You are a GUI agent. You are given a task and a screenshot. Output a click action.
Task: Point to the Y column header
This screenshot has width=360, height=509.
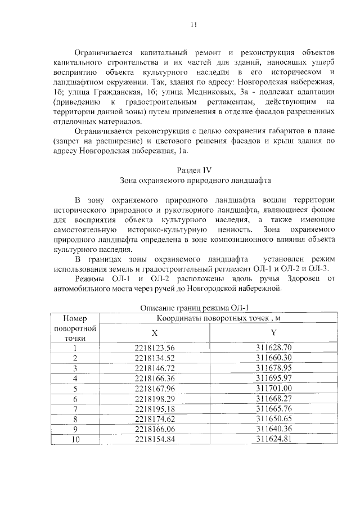(273, 334)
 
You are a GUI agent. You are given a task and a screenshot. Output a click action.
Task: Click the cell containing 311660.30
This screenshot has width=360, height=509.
(274, 358)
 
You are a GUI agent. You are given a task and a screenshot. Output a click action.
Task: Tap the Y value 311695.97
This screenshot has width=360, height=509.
(274, 378)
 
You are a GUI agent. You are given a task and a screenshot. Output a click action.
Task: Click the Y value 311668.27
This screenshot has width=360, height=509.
(274, 398)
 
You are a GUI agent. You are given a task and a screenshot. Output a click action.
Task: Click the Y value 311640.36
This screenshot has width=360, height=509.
(274, 429)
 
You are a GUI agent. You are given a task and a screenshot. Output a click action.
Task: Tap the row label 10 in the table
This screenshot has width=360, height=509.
(74, 439)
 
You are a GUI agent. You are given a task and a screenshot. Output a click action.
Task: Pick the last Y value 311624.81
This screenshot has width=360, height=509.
(274, 439)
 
